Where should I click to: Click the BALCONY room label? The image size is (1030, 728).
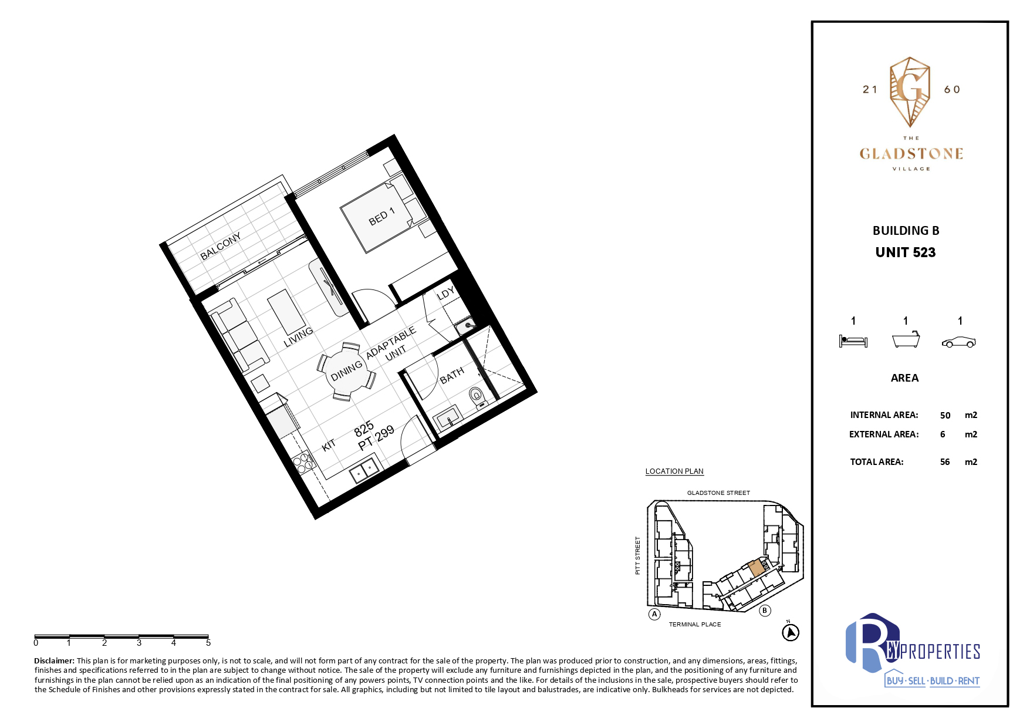point(221,246)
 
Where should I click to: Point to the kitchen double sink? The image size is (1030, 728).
point(365,470)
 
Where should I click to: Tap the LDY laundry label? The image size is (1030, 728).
point(446,294)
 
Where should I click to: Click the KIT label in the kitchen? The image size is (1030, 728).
point(329,445)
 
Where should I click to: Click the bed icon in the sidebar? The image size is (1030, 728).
point(853,341)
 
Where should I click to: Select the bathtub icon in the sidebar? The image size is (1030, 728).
point(906,340)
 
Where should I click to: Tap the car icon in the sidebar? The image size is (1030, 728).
point(959,342)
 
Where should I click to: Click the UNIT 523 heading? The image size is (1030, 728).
point(906,252)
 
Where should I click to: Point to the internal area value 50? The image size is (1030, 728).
point(945,415)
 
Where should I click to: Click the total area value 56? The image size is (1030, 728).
point(945,462)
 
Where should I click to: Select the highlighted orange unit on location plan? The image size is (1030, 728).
point(757,567)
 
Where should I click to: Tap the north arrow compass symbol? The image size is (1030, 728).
point(791,632)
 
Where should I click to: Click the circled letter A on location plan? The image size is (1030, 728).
point(654,614)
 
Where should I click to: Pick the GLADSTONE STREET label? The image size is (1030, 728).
point(718,493)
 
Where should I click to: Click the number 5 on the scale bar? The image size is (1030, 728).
point(208,643)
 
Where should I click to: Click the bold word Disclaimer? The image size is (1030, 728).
point(55,661)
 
